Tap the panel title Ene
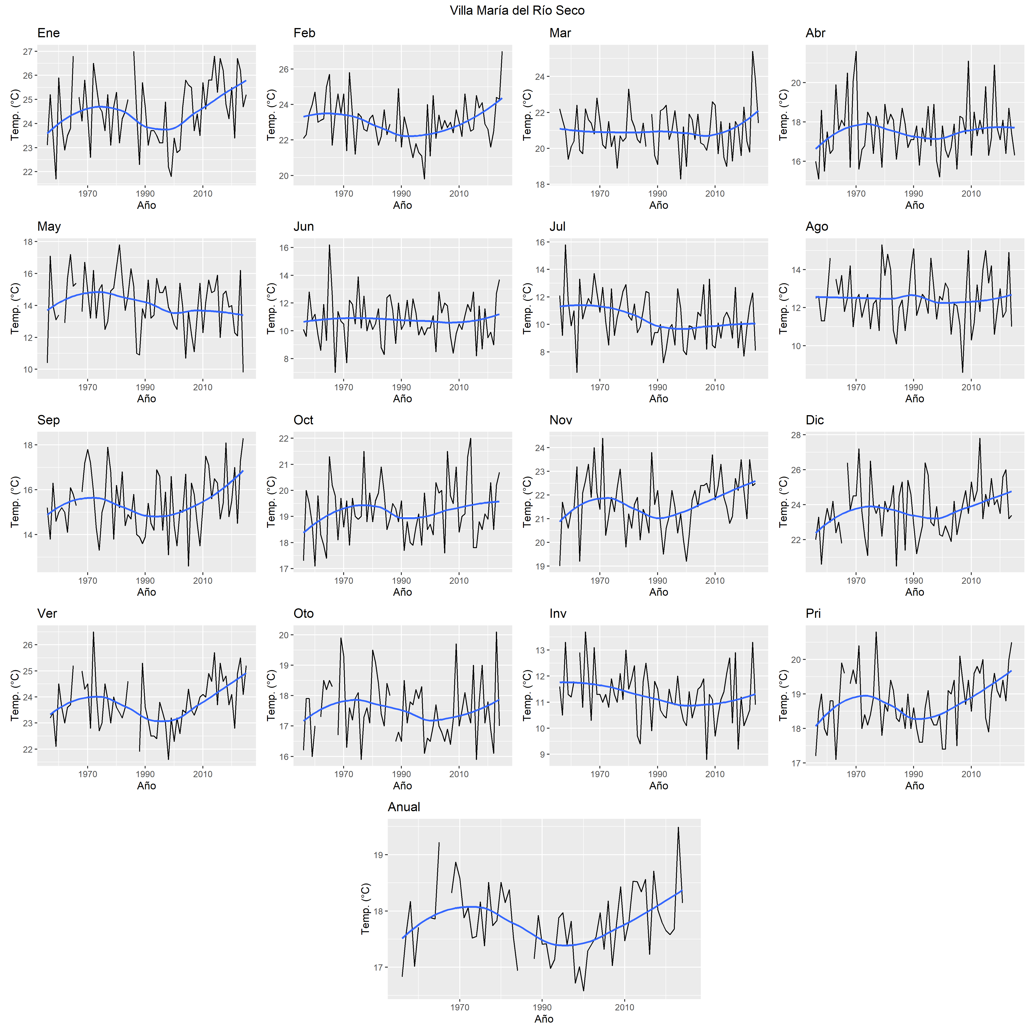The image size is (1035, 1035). pos(48,33)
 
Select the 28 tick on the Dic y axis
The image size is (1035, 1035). pos(796,435)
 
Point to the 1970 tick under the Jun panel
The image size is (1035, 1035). pos(343,387)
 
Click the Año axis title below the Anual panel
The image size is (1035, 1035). pos(544,1019)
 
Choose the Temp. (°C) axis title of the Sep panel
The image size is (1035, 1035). pos(15,502)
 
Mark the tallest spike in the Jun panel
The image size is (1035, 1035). pos(329,245)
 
